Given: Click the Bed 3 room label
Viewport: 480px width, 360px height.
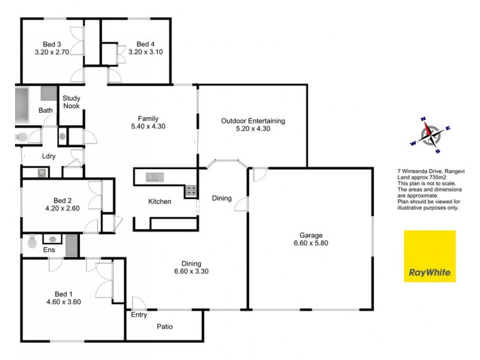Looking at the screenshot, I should coord(52,44).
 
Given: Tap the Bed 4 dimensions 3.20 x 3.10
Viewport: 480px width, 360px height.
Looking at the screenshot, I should coord(146,52).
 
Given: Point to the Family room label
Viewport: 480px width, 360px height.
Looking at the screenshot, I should coord(148,118).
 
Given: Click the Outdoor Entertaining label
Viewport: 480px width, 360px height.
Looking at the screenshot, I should coord(253,121).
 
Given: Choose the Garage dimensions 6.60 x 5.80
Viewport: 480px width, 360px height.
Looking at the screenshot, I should coord(311,244).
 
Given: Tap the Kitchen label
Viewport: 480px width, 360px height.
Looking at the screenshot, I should coord(160,202).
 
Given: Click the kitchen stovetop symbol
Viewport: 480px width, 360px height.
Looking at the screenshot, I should coord(191,191).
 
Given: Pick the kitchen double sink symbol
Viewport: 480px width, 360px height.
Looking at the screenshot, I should coord(154,176).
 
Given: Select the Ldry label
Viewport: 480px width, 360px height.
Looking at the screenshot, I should coord(49,157).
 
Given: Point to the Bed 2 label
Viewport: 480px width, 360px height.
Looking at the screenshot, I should coord(62,200).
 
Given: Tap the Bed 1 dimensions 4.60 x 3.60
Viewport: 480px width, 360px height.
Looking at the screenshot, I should coord(64,302).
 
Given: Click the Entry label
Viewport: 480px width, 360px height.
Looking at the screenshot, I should coord(139,314).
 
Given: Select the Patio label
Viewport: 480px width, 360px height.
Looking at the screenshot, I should coord(165,327).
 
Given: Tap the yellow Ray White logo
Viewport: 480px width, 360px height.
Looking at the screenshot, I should coord(430,256).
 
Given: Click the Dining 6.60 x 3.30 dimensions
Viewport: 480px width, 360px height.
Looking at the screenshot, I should coord(191,271).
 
